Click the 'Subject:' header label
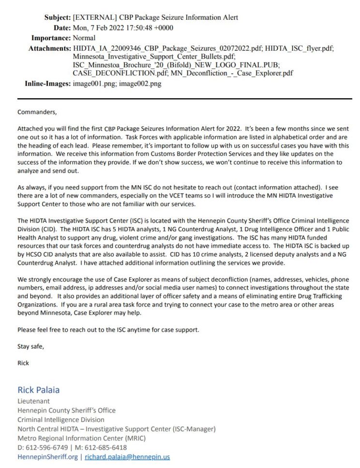tap(57, 17)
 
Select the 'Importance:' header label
tap(51, 38)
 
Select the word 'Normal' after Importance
tap(84, 38)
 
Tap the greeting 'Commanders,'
tap(37, 112)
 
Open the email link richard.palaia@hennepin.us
tap(127, 457)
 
